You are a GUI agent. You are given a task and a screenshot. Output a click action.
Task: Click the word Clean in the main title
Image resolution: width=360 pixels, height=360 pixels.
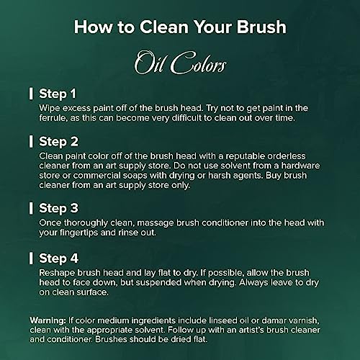click(164, 27)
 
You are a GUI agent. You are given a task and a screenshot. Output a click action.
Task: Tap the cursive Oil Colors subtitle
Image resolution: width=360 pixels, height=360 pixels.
click(180, 63)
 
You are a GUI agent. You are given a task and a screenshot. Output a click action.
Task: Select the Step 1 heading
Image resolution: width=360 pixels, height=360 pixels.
click(58, 94)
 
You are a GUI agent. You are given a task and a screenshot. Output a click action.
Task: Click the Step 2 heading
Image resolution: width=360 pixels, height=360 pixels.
click(58, 142)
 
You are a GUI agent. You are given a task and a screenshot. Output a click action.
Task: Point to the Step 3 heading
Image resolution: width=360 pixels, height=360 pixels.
click(58, 208)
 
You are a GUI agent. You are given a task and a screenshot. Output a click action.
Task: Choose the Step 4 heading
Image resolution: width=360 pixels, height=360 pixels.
click(58, 258)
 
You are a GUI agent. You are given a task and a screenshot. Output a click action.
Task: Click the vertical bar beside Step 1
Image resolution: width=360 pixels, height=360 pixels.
click(31, 94)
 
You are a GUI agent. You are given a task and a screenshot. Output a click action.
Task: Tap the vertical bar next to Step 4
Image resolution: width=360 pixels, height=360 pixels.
click(31, 258)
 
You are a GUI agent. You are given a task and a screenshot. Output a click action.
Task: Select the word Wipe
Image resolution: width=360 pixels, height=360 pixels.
click(48, 109)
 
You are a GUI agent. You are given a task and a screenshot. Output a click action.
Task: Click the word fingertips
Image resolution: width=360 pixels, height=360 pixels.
click(78, 233)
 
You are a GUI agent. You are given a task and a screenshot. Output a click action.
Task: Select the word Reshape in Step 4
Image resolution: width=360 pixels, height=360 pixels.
click(57, 273)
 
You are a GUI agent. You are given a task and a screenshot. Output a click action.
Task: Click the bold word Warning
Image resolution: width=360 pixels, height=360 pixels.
click(48, 320)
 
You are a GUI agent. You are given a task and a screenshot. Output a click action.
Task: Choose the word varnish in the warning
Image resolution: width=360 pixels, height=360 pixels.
click(304, 320)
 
